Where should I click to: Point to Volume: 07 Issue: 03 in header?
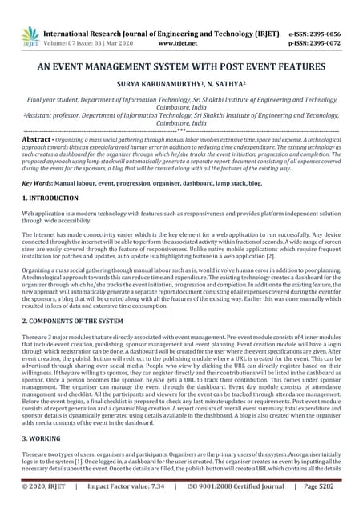pyautogui.click(x=88, y=46)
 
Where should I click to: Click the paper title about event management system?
pyautogui.click(x=181, y=69)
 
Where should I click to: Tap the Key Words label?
pyautogui.click(x=38, y=183)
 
